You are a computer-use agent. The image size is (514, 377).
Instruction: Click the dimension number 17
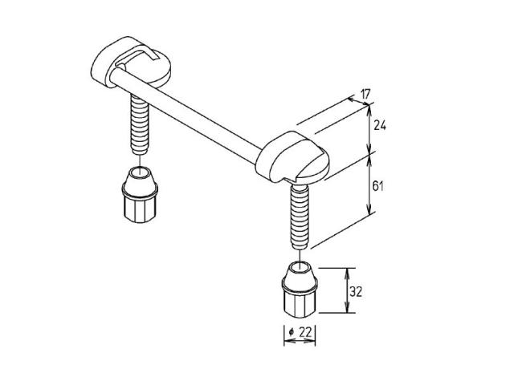365,95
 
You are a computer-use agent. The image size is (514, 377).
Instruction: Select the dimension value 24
380,125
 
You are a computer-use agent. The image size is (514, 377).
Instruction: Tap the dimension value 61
378,186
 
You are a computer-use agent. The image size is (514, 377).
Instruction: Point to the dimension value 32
356,292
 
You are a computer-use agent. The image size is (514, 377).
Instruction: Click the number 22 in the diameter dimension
305,333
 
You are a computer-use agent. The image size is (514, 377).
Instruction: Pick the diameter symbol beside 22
291,333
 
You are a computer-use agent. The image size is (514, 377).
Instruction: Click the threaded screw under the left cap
140,124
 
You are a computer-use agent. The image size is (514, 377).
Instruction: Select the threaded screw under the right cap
300,217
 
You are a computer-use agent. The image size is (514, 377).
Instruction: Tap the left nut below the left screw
140,195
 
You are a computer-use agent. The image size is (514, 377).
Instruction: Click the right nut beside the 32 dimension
300,290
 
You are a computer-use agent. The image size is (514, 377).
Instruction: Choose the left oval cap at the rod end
130,63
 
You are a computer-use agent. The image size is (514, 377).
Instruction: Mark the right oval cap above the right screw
292,157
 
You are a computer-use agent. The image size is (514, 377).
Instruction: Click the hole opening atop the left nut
140,172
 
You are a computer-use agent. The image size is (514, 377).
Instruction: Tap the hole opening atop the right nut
300,266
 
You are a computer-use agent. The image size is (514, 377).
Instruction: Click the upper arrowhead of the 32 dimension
347,271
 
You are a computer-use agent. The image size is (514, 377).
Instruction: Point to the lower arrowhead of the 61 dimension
370,210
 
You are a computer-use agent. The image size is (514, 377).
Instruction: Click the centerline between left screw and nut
140,161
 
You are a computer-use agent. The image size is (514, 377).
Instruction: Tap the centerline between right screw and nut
300,256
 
